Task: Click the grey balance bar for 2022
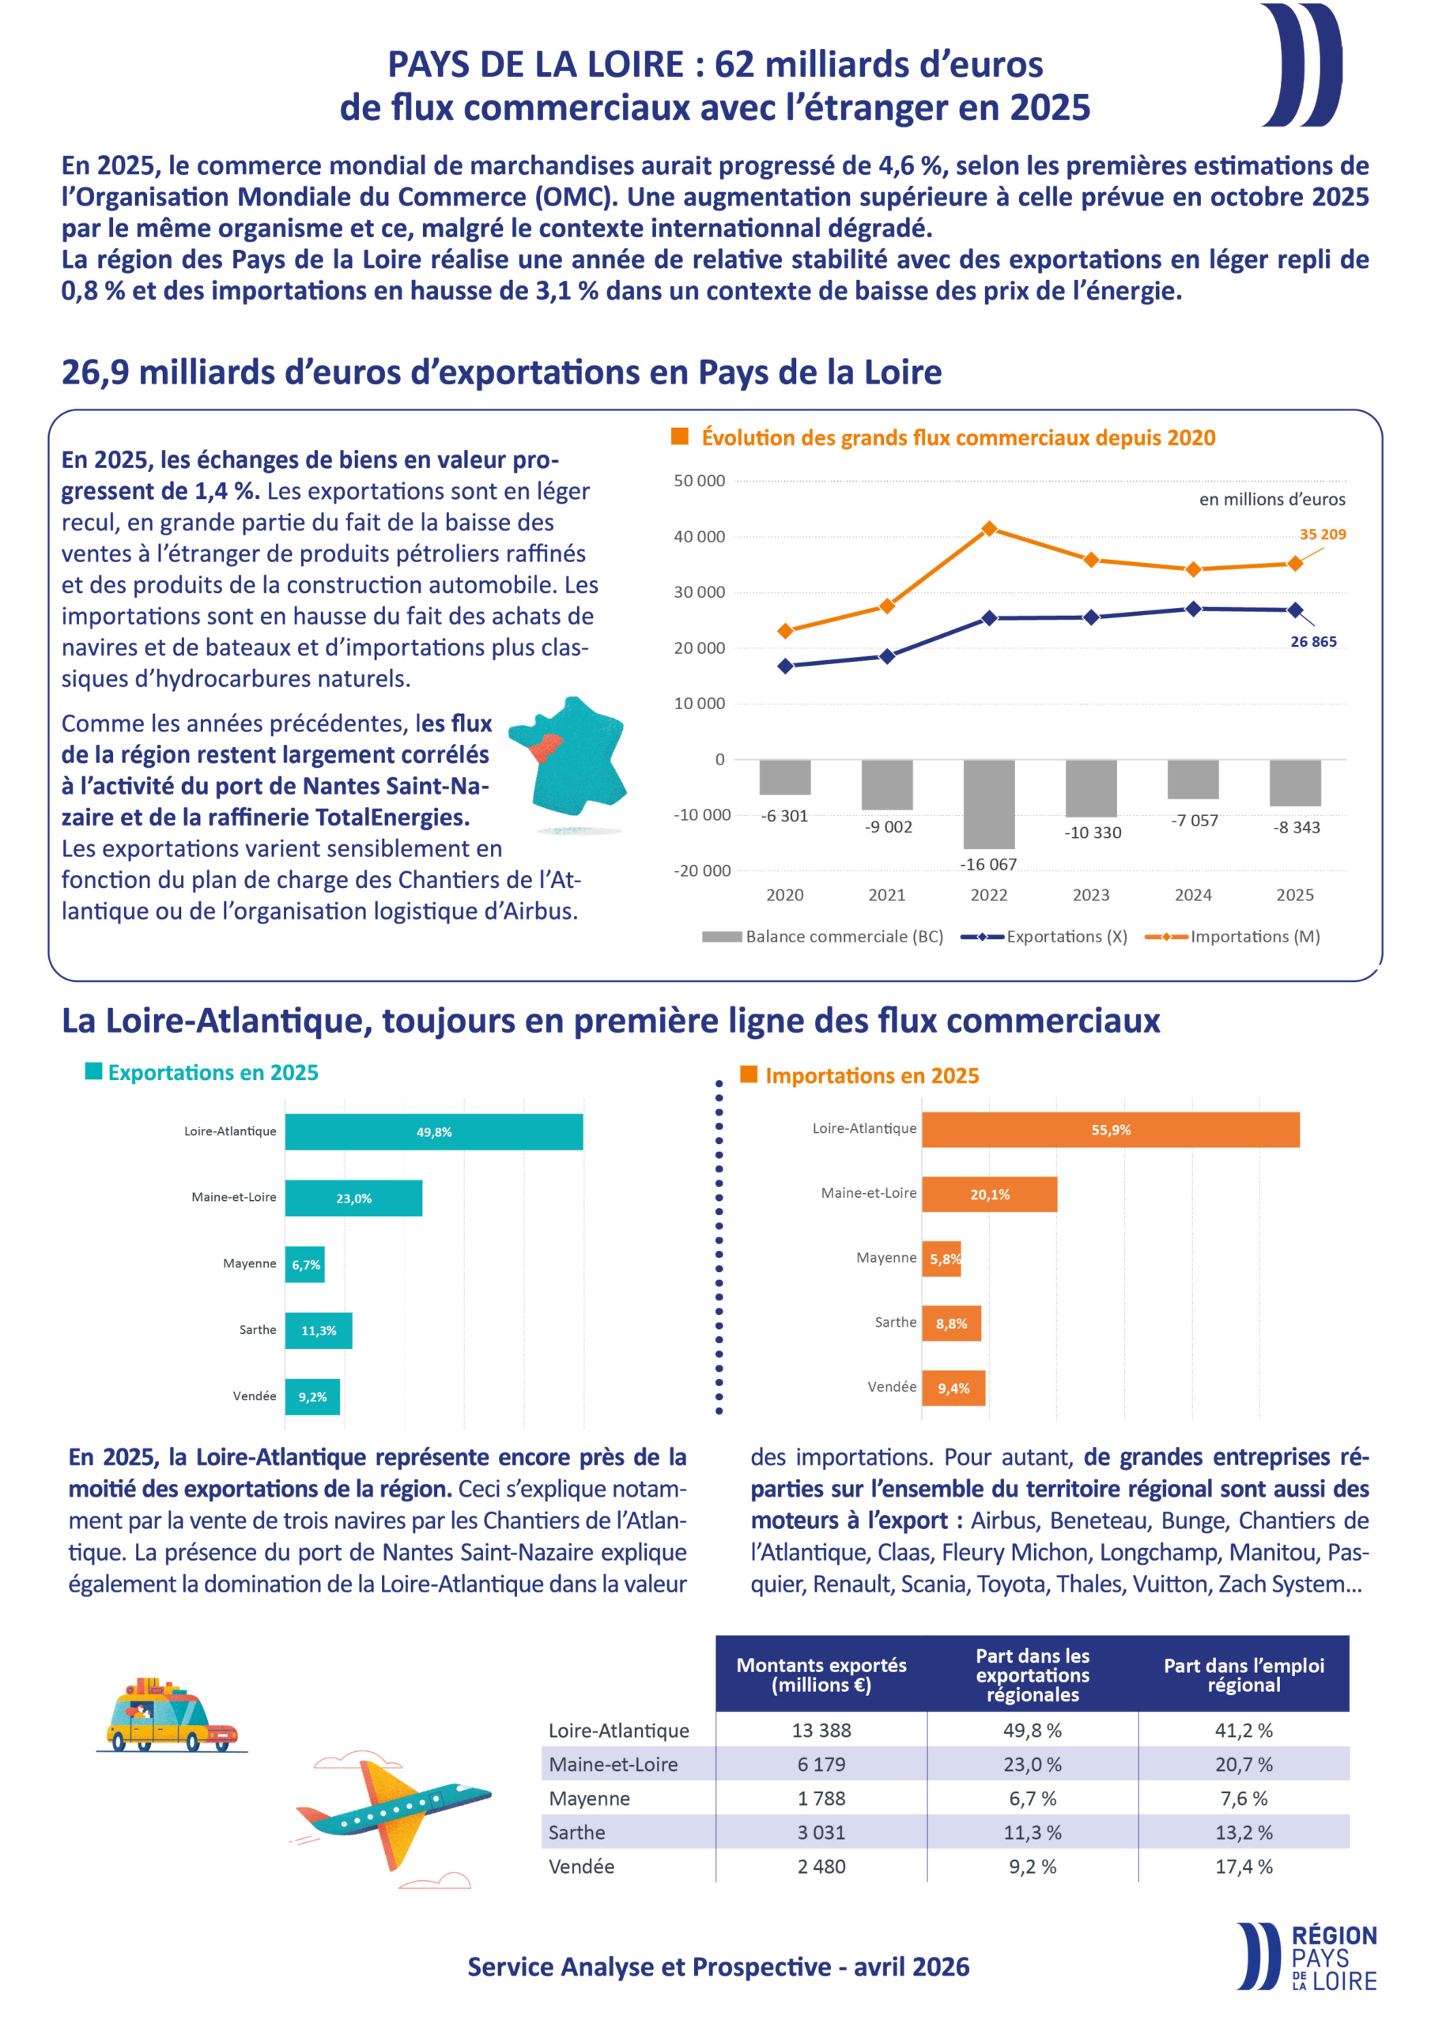(x=988, y=803)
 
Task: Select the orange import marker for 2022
(x=989, y=529)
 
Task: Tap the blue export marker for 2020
(x=785, y=666)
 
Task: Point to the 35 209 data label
(x=1322, y=534)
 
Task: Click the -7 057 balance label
(x=1194, y=821)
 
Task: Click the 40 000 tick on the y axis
(x=699, y=537)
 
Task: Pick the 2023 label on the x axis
(x=1091, y=895)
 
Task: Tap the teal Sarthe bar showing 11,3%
(x=319, y=1331)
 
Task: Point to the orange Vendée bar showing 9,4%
(x=953, y=1388)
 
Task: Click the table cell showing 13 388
(x=821, y=1731)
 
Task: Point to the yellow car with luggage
(x=168, y=1716)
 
